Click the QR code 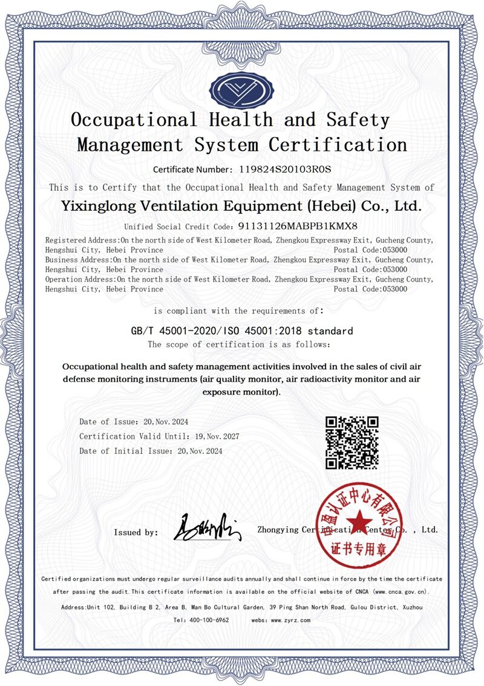(x=352, y=442)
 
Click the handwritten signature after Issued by (x=208, y=527)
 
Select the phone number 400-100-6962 (x=209, y=620)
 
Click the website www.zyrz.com (x=290, y=620)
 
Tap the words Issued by (x=136, y=532)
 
